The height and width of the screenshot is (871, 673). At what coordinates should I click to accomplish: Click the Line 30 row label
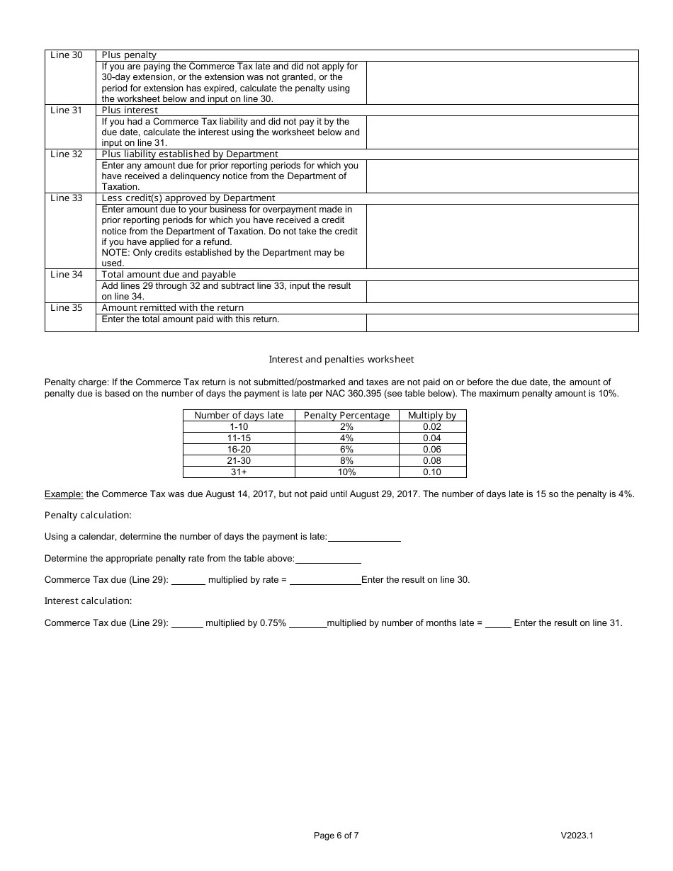coord(66,55)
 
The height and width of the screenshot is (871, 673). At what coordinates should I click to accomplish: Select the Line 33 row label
coord(66,198)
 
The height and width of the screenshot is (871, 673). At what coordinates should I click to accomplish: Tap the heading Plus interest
coord(130,110)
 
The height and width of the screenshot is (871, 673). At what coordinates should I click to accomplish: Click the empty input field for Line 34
coord(502,292)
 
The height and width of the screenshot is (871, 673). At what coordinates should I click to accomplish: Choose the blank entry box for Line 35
coord(502,322)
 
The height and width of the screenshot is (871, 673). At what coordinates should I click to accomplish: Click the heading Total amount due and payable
coord(169,275)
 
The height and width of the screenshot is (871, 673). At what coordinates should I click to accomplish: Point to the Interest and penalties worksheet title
coord(341,360)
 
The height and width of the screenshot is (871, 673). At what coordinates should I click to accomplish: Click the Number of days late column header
coord(239,416)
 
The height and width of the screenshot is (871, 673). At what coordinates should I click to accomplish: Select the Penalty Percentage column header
coord(346,416)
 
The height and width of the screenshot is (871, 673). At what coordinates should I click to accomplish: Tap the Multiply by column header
coord(432,416)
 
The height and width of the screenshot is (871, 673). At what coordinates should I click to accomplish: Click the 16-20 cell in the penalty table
coord(239,450)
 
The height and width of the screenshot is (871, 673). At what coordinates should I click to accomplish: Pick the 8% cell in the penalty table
coord(346,461)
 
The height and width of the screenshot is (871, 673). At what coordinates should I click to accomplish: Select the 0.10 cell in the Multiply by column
coord(432,472)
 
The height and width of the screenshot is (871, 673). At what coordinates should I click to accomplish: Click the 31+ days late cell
coord(239,472)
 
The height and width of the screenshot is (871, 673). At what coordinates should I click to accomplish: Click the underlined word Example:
coord(64,494)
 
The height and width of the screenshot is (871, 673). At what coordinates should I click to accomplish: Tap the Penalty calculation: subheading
coord(88,516)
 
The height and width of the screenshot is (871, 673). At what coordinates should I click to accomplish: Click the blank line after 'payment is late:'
coord(364,537)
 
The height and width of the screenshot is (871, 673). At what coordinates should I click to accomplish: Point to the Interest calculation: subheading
coord(88,601)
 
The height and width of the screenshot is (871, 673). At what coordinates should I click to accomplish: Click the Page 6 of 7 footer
coord(336,836)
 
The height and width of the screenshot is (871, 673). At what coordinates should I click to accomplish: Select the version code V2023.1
coord(577,836)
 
